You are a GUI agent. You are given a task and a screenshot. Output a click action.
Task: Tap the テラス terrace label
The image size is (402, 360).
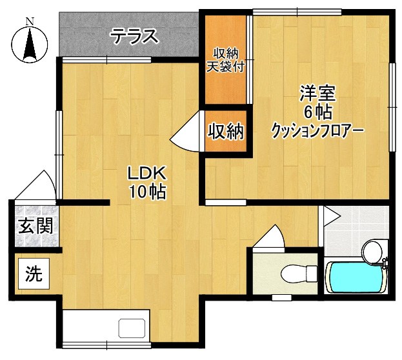(x=135, y=36)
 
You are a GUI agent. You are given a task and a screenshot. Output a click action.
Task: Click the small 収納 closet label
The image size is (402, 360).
(x=226, y=132)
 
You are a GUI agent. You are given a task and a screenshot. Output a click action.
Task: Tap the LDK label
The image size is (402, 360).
(x=146, y=173)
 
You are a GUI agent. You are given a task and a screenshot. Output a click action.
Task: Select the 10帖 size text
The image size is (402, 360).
(x=146, y=191)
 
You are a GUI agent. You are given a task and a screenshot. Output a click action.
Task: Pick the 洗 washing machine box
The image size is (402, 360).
(x=34, y=274)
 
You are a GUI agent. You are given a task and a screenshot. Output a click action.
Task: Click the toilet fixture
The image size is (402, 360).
(x=296, y=274)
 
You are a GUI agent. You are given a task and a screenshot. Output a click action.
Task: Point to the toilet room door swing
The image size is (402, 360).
(x=270, y=236)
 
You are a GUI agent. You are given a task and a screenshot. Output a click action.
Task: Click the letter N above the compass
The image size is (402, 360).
(x=29, y=21)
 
